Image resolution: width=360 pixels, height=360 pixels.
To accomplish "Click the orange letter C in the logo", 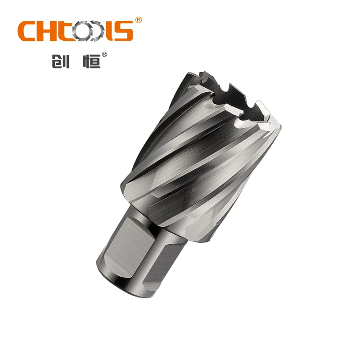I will pos(27,31).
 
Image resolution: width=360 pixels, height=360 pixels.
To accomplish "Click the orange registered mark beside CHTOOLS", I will pos(139,20).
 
